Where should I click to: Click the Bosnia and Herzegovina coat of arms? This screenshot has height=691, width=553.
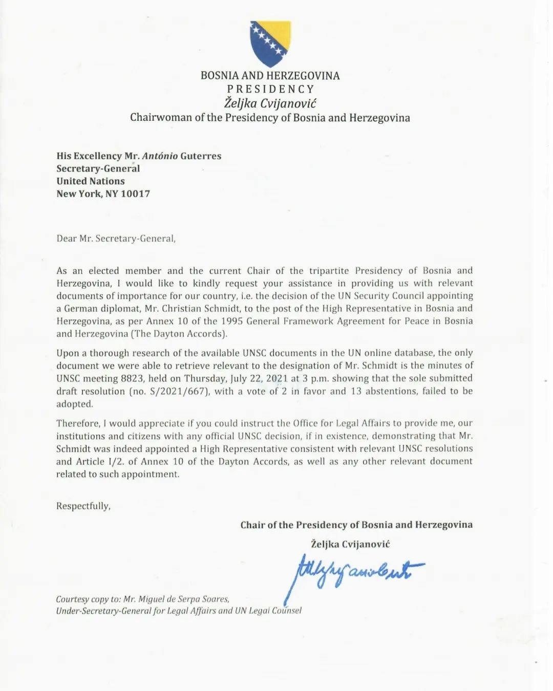click(x=270, y=44)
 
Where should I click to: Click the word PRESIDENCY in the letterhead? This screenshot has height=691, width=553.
click(x=270, y=89)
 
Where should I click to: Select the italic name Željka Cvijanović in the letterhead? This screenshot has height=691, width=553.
click(x=270, y=103)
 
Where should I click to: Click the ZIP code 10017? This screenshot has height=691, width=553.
click(x=135, y=194)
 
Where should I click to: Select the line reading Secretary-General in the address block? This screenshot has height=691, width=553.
click(x=98, y=168)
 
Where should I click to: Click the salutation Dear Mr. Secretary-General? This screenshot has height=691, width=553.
click(x=116, y=239)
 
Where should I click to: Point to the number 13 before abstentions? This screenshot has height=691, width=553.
click(x=356, y=391)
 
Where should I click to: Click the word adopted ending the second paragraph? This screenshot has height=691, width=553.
click(x=75, y=404)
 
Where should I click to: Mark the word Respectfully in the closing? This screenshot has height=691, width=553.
click(x=83, y=506)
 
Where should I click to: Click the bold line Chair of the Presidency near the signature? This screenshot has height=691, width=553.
click(x=356, y=525)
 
